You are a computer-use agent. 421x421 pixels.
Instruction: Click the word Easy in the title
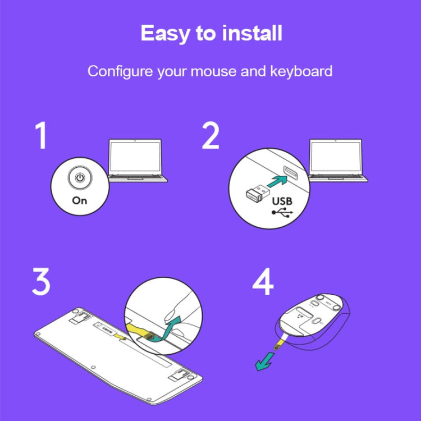tap(165, 33)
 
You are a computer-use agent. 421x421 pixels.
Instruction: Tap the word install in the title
tap(252, 33)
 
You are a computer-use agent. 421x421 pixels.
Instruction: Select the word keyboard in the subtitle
tap(301, 71)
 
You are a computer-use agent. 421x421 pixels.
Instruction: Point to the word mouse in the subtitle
tap(213, 72)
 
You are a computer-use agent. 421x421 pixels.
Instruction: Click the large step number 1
tap(42, 136)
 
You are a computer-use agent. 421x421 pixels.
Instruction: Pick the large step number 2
tap(210, 135)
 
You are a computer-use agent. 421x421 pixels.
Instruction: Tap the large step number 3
tap(41, 281)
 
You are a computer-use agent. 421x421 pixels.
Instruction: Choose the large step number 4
tap(263, 281)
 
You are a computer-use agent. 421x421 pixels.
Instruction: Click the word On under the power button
tap(80, 200)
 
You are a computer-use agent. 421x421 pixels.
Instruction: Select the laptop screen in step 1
tap(135, 156)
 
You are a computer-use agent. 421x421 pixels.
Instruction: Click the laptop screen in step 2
tap(336, 156)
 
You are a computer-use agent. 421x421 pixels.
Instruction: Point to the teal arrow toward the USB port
tap(277, 181)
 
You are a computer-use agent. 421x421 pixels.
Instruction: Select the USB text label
tap(282, 201)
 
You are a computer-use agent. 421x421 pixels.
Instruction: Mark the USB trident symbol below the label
tap(282, 212)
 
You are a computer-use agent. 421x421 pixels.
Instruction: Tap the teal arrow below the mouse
tap(265, 361)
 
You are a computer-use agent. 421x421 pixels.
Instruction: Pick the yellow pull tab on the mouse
tap(279, 344)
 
